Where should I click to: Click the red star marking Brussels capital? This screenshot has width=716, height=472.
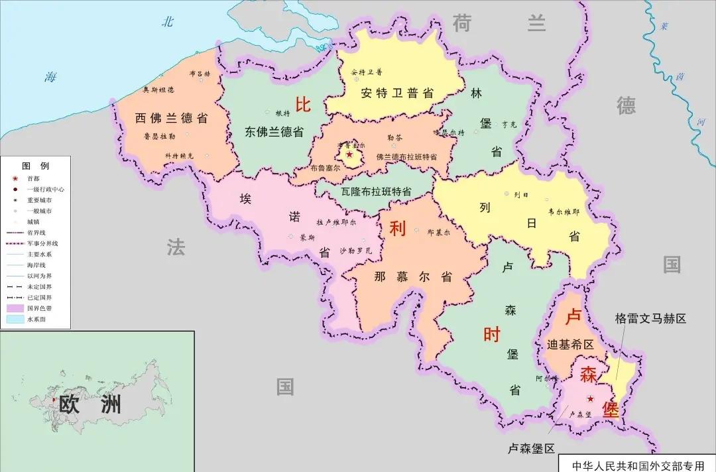349,154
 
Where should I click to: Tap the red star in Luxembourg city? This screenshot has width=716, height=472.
591,398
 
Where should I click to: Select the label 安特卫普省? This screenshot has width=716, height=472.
397,93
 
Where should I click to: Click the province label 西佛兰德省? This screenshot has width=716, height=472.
171,119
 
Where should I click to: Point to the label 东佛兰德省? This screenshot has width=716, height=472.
273,132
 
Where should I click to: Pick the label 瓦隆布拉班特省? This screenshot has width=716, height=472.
376,191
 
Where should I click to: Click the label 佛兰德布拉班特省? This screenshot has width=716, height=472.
406,157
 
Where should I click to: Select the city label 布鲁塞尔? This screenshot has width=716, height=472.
325,168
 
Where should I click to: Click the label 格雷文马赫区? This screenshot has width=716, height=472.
650,319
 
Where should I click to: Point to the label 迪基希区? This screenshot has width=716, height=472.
571,345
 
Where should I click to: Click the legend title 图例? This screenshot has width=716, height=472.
36,166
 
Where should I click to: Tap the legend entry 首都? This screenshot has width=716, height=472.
33,179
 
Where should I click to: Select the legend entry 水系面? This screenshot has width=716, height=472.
37,320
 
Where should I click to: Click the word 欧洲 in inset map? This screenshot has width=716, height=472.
90,403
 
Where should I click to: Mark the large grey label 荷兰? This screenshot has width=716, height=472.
499,23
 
